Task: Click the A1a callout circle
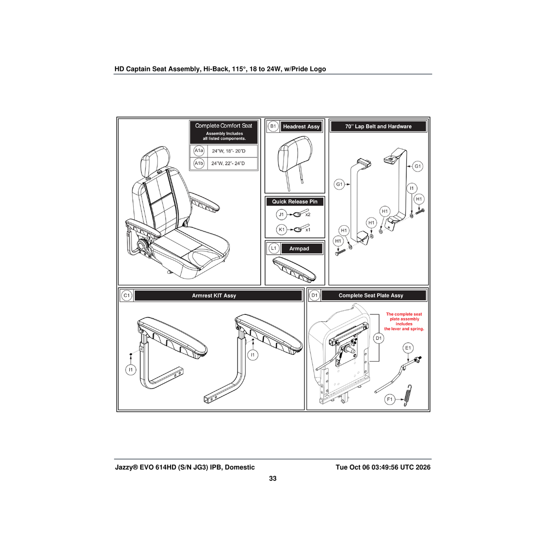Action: tap(199, 151)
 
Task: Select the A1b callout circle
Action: tap(199, 163)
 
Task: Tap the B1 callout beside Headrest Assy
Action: tap(273, 126)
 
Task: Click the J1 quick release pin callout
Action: tap(281, 214)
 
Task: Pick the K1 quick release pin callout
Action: tap(281, 229)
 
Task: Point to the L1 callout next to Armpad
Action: tap(273, 248)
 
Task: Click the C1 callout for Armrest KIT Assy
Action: tap(126, 296)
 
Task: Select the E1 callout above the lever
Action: tap(408, 348)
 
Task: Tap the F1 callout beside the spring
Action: tap(390, 399)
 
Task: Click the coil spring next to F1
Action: tap(408, 395)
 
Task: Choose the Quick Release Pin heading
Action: tap(295, 202)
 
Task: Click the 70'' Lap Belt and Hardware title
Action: tap(378, 126)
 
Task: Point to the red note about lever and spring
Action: tap(404, 321)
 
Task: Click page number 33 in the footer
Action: tap(273, 478)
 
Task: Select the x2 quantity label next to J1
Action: tap(308, 214)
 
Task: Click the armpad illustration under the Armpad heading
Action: tap(294, 269)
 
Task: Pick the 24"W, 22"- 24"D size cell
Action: tap(228, 163)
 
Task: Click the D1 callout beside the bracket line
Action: tap(379, 338)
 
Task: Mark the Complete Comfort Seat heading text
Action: tap(223, 126)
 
